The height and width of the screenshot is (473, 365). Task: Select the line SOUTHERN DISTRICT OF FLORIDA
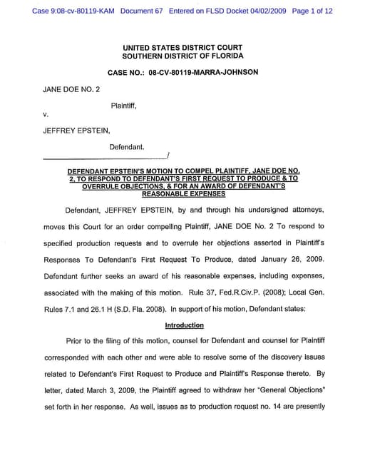point(182,56)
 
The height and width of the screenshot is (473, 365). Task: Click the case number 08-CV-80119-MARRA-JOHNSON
point(203,73)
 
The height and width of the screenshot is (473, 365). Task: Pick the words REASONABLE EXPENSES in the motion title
point(183,193)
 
